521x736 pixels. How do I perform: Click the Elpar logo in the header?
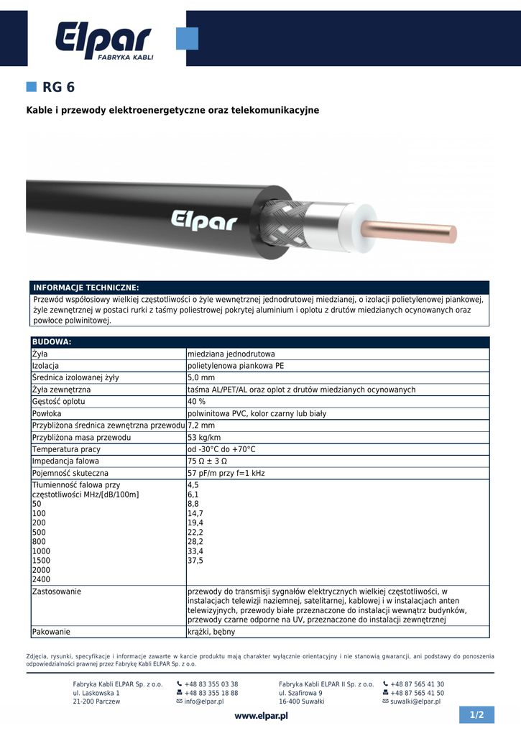[x=104, y=40]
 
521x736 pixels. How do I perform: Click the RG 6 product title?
[x=58, y=88]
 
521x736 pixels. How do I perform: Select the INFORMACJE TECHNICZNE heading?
[x=86, y=287]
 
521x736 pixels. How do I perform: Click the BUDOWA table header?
[x=52, y=342]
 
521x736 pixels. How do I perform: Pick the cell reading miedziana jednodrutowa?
[x=231, y=354]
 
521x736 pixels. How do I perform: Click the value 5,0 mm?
[x=201, y=377]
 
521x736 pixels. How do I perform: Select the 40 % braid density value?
[x=197, y=401]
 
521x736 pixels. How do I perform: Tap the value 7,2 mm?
[x=201, y=425]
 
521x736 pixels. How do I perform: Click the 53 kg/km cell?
[x=204, y=437]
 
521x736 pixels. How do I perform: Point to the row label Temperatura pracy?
[x=65, y=449]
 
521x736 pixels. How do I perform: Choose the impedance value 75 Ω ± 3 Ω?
[x=207, y=461]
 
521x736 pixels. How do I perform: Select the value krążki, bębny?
[x=211, y=632]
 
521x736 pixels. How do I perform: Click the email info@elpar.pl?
[x=204, y=701]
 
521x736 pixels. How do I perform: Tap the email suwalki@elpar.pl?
[x=415, y=701]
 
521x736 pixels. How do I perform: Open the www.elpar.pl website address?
[x=261, y=716]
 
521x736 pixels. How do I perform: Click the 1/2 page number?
[x=477, y=715]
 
